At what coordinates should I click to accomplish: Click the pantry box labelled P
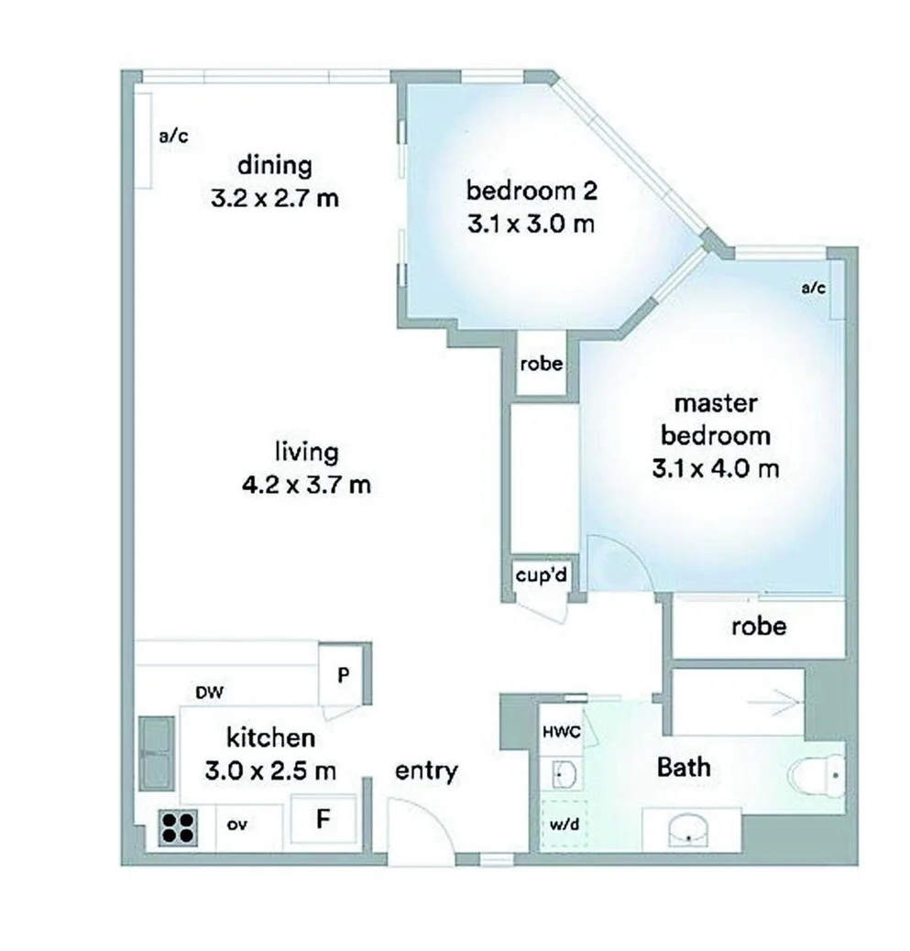click(x=343, y=675)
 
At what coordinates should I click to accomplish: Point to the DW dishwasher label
click(x=211, y=694)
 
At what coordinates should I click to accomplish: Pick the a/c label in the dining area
click(x=173, y=137)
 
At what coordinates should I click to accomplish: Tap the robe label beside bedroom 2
click(x=541, y=364)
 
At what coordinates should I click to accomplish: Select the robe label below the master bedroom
click(x=758, y=626)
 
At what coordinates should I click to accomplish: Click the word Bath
click(x=684, y=766)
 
